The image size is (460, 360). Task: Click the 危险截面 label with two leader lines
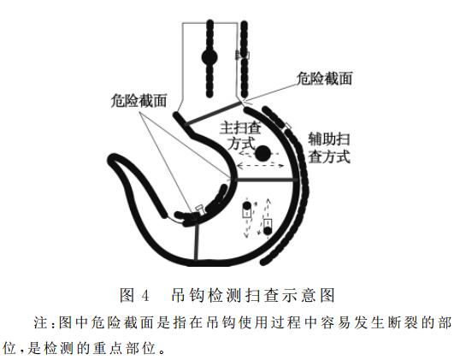click(139, 101)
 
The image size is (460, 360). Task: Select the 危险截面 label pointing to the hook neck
click(324, 79)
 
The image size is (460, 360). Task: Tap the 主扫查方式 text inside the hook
click(241, 136)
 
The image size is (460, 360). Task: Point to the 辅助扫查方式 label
click(329, 148)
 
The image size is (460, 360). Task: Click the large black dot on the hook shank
click(209, 57)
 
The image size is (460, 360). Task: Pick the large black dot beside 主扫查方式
click(262, 153)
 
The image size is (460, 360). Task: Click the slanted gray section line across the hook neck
click(214, 114)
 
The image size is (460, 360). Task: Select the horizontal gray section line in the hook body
click(266, 180)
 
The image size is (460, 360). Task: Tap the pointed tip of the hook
click(112, 159)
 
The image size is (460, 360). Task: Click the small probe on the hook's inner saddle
click(199, 210)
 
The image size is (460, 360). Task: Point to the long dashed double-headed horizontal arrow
click(260, 166)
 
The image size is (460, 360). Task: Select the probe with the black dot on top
click(246, 210)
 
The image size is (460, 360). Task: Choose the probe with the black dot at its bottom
click(268, 227)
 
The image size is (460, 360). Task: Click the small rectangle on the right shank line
click(242, 55)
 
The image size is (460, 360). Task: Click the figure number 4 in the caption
click(145, 295)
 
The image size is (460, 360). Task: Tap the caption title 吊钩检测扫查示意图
click(253, 295)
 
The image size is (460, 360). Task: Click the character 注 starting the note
click(41, 322)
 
